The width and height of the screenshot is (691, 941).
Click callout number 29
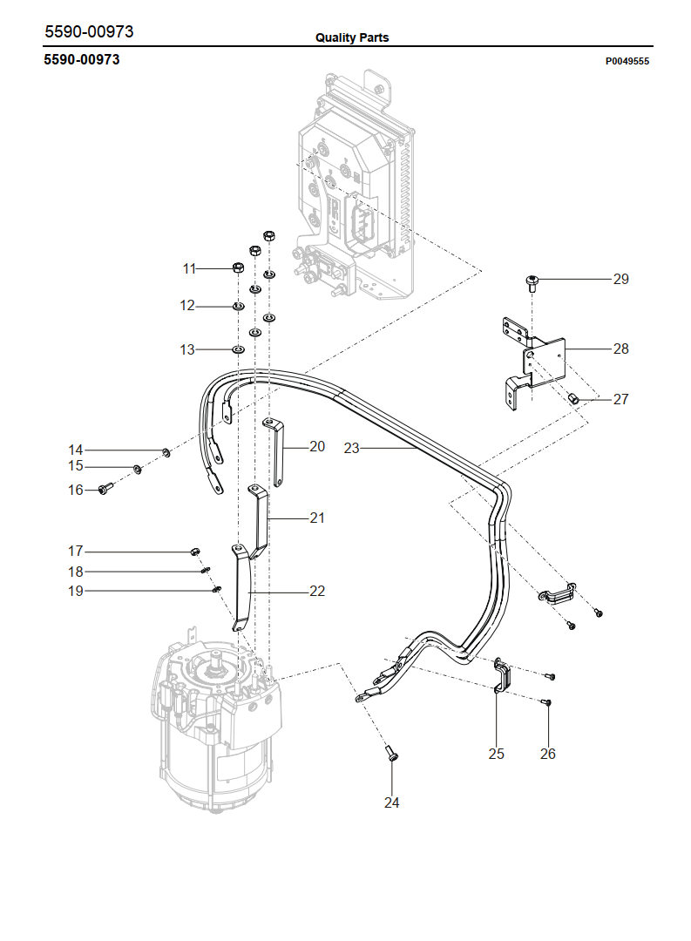620,279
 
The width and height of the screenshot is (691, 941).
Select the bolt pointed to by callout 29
532,282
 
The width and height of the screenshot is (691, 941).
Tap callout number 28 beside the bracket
620,349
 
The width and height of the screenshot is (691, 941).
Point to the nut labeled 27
573,398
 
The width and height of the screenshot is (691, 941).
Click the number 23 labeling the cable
351,449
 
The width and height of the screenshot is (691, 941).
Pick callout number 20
317,446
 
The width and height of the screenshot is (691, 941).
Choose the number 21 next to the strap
317,518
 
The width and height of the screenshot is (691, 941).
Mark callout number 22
317,591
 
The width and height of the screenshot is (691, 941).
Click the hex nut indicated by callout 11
239,267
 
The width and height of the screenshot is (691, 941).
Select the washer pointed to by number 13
239,349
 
